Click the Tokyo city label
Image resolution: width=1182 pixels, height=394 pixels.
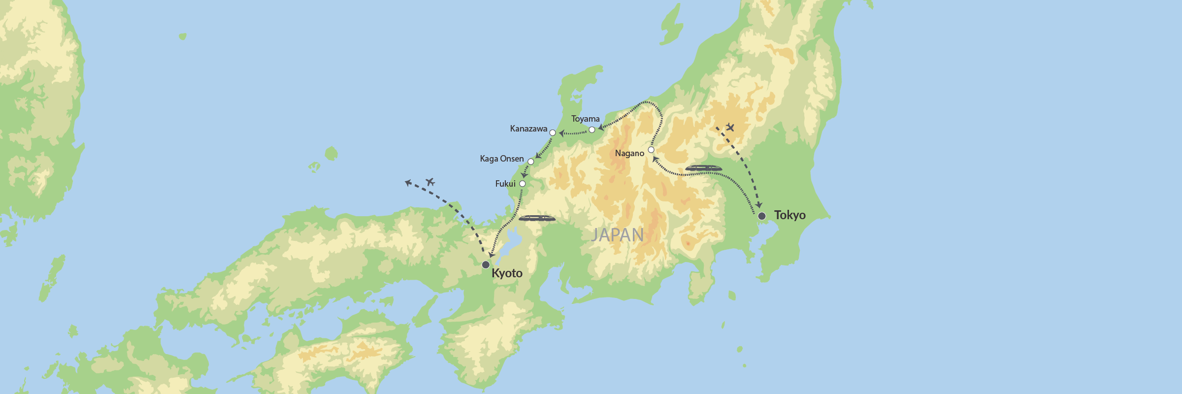coord(789,215)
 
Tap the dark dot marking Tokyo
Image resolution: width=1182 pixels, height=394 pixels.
coord(762,216)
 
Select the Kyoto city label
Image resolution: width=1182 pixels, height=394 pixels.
coord(507,273)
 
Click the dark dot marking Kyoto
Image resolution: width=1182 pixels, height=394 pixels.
coord(486,265)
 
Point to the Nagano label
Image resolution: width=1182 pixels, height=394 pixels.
coord(629,154)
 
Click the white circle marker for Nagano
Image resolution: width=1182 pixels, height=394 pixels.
coord(651,150)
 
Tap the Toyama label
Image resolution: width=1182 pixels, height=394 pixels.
coord(585,119)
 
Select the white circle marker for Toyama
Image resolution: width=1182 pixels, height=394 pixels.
coord(592,130)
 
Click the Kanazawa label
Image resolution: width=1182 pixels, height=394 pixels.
coord(528,129)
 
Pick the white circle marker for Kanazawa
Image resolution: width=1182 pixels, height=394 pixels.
coord(553,133)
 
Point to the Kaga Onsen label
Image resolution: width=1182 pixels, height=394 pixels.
coord(502,159)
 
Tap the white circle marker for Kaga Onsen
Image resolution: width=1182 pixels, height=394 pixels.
coord(531,162)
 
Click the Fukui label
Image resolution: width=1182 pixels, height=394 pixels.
coord(505,184)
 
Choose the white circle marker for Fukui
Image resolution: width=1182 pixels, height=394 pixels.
coord(523,184)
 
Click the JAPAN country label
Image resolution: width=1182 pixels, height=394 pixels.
coord(618,235)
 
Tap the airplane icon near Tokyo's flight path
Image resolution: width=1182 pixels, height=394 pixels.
coord(730,128)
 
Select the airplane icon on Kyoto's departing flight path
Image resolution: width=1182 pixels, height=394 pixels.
coord(430,182)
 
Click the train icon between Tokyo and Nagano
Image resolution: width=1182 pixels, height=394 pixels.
coord(703,168)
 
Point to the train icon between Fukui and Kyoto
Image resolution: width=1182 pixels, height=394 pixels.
coord(537,218)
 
